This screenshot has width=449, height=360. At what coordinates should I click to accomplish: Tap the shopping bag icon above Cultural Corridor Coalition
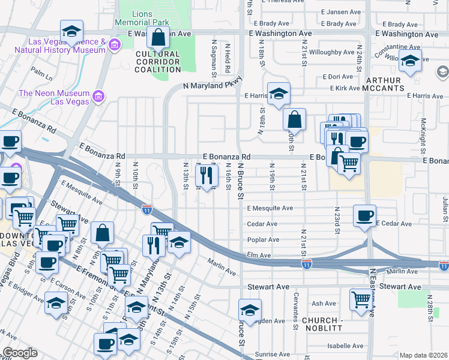(x=158, y=38)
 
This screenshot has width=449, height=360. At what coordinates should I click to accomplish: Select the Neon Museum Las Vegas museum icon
(x=99, y=95)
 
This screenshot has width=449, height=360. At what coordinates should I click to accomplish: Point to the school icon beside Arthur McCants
(x=410, y=61)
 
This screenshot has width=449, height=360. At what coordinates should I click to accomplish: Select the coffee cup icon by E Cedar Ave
(x=364, y=215)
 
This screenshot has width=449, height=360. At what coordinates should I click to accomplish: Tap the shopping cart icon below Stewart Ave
(x=361, y=298)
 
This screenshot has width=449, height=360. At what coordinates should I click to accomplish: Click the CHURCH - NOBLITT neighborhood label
(x=322, y=325)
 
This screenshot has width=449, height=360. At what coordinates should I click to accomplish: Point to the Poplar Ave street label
(x=263, y=239)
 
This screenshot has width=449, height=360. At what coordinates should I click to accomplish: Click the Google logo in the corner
(x=20, y=352)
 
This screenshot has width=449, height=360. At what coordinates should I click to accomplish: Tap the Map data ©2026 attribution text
(x=423, y=355)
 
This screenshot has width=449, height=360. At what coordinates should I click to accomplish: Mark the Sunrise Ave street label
(x=272, y=355)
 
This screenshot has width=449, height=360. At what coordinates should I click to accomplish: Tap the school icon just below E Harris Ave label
(x=279, y=93)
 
